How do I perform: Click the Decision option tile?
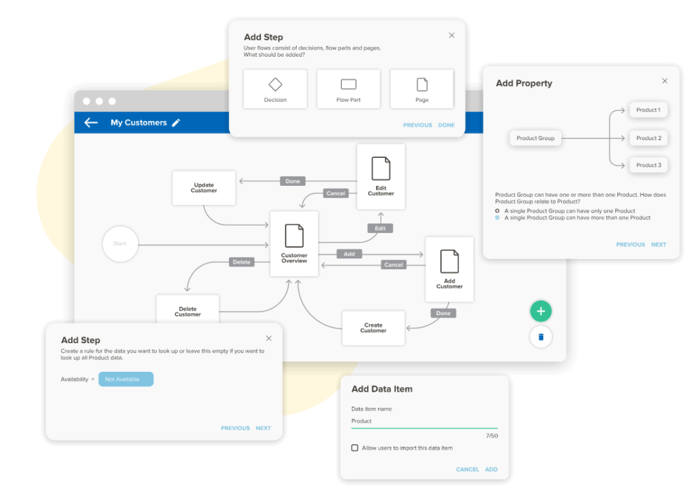[x=275, y=89]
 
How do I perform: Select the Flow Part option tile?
[x=348, y=89]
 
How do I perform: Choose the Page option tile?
[x=422, y=89]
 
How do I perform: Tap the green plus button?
[x=541, y=311]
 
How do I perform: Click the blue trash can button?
[x=541, y=337]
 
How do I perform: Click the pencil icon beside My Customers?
[x=176, y=122]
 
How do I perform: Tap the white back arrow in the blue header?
[x=91, y=122]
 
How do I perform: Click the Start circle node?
[x=120, y=244]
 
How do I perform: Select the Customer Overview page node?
[x=294, y=244]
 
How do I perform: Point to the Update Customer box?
[x=204, y=188]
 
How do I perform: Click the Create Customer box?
[x=373, y=328]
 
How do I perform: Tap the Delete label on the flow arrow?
[x=241, y=262]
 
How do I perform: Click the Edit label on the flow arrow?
[x=380, y=228]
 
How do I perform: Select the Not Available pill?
[x=126, y=379]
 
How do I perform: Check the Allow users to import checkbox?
[x=355, y=448]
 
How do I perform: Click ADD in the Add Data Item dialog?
[x=491, y=470]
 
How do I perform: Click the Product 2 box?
[x=649, y=138]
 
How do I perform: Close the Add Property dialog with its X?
[x=664, y=81]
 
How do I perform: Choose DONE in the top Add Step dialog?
[x=446, y=125]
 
